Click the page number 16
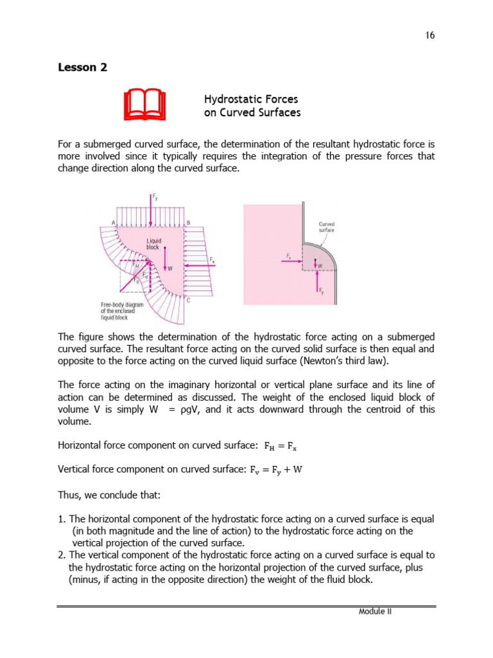tap(430, 35)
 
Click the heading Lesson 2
tap(82, 67)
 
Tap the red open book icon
tap(144, 105)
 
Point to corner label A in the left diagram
tap(114, 222)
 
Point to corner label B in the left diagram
tap(187, 222)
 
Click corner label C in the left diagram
tap(187, 300)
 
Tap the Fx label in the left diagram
tap(212, 259)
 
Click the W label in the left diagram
tap(170, 269)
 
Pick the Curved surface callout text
tap(327, 227)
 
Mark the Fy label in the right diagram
tap(322, 290)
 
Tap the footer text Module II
tap(375, 611)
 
